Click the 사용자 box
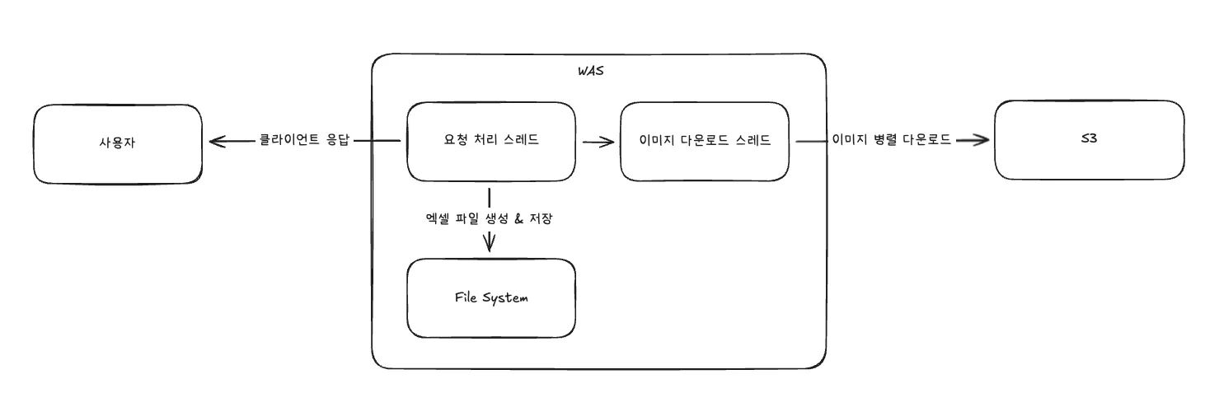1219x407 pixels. point(117,143)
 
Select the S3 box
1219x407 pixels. point(1089,140)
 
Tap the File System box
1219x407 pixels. point(490,297)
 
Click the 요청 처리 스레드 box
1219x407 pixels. point(490,141)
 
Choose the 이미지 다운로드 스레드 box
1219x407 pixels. point(705,141)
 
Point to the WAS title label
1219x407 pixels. point(590,71)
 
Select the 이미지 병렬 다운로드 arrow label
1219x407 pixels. point(892,140)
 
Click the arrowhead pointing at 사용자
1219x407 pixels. point(216,142)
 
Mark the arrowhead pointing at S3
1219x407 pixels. point(979,140)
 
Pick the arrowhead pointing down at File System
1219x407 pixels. point(490,243)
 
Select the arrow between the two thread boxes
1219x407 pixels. point(598,142)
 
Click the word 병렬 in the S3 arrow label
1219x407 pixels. point(880,140)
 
